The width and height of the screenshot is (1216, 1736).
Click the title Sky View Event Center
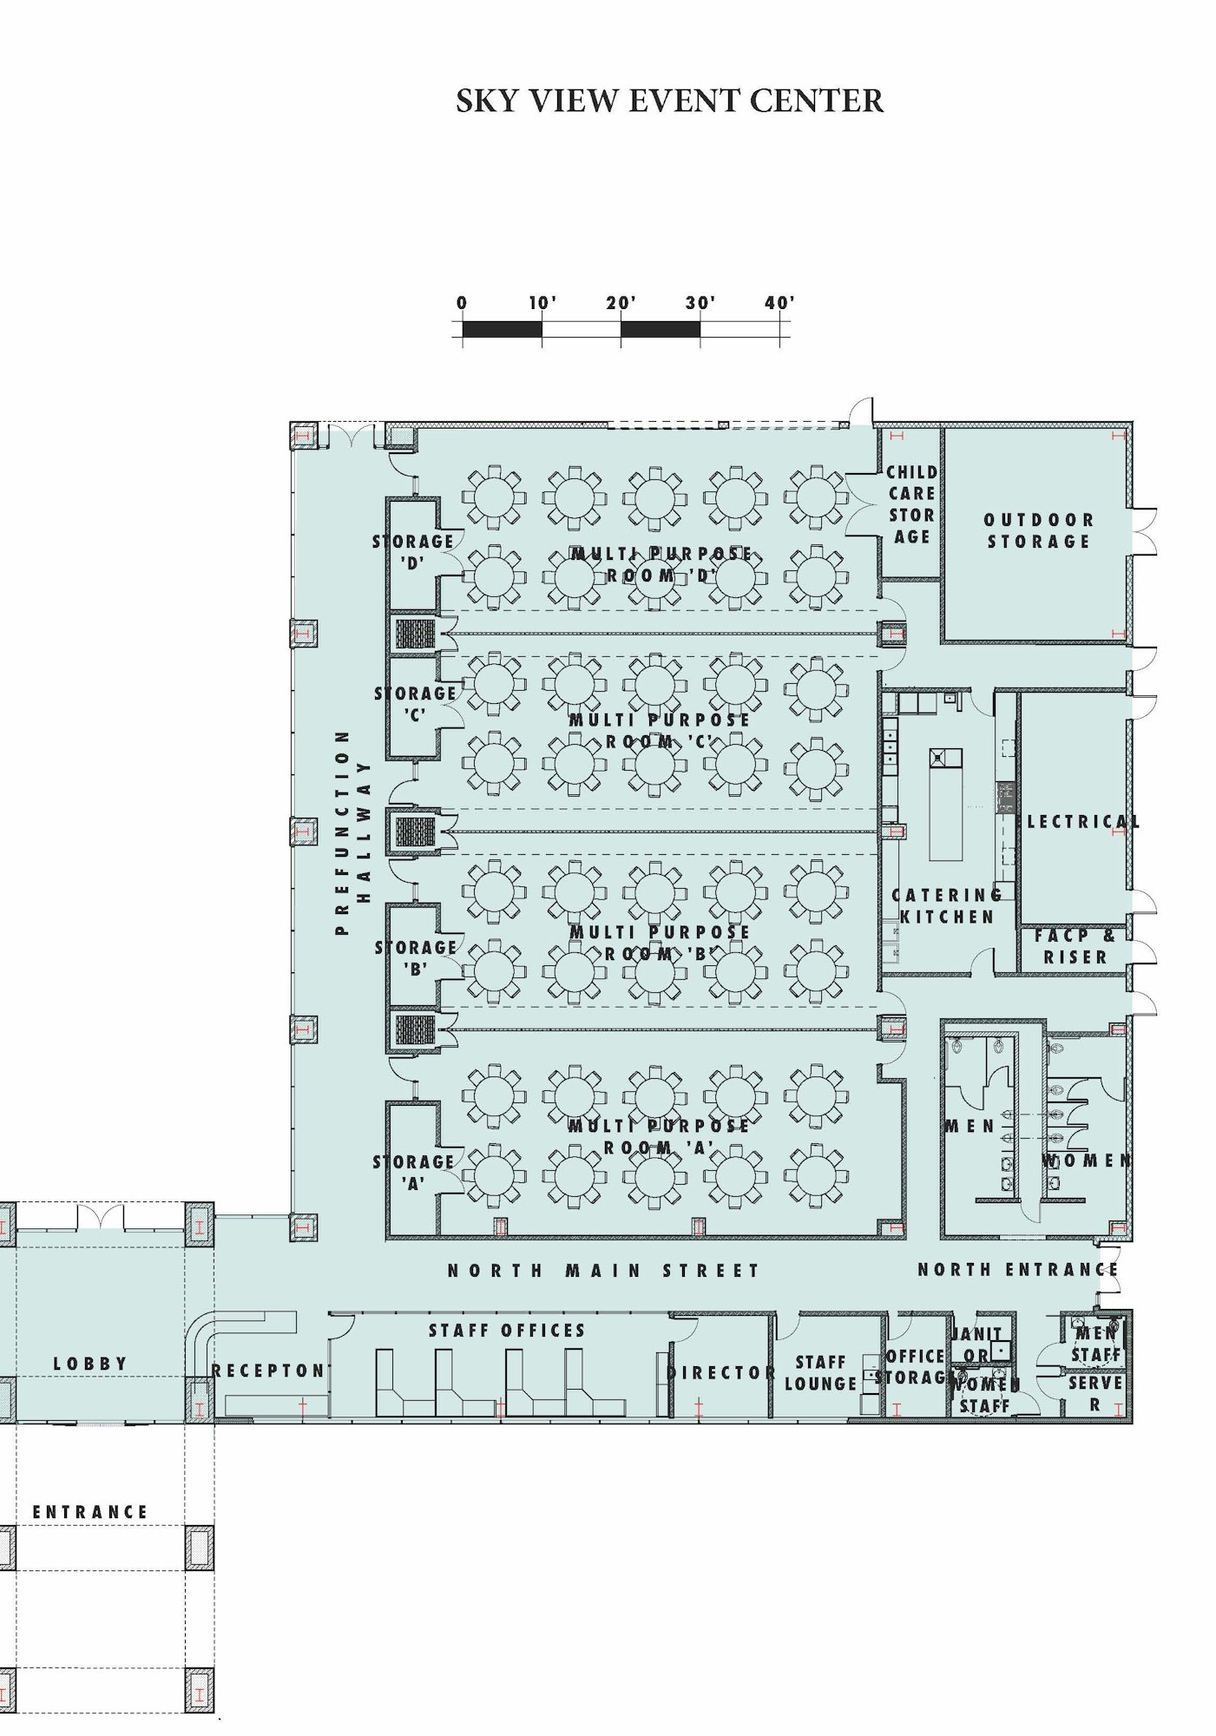point(669,102)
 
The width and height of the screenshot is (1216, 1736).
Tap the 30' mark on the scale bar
point(700,304)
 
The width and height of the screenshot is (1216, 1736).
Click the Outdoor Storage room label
point(1038,530)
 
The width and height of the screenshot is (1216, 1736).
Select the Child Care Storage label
point(911,504)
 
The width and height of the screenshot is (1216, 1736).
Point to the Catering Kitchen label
point(947,905)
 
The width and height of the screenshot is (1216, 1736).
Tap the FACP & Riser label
point(1075,946)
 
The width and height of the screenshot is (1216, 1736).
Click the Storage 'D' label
point(413,551)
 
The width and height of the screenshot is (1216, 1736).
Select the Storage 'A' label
point(414,1172)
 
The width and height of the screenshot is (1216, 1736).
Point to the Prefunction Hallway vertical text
point(352,832)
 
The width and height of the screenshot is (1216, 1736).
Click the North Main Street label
point(603,1271)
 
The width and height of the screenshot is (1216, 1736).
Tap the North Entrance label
point(1017,1270)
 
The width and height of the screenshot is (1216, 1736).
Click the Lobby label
point(90,1364)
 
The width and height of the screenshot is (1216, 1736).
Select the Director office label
point(721,1372)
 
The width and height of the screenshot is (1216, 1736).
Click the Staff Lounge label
point(820,1372)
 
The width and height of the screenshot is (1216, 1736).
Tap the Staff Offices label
point(507,1331)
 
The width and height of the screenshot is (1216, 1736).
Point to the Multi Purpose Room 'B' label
point(660,943)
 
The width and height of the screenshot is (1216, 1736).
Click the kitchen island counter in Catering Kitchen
point(945,812)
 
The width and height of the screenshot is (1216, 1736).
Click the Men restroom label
point(970,1126)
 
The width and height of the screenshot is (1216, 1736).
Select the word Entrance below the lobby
point(90,1512)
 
